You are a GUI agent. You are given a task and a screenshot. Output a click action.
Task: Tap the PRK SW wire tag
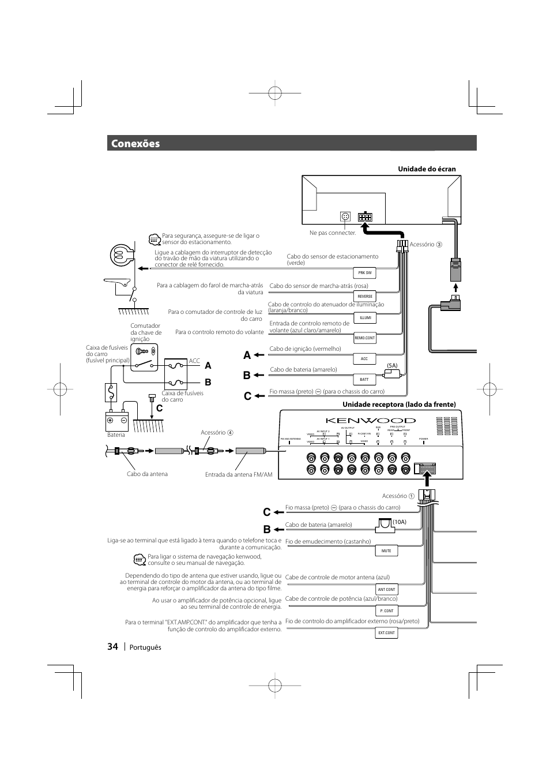365,272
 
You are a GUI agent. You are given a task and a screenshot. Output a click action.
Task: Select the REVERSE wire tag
365,296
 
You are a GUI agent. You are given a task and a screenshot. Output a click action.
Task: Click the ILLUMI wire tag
365,317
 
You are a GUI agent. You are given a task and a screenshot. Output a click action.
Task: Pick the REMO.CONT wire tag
365,338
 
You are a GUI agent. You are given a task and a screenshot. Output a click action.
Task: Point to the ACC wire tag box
364,359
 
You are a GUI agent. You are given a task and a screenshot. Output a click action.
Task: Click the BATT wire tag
364,380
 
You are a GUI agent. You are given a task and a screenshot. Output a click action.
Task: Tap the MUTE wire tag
386,550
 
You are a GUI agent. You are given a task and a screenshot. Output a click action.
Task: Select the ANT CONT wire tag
386,589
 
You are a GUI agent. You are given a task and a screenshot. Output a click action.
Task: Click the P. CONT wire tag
386,611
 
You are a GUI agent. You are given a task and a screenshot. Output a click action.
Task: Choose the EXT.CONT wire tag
386,632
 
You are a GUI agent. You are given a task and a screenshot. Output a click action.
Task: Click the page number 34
112,647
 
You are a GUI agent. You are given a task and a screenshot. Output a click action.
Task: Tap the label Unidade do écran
427,169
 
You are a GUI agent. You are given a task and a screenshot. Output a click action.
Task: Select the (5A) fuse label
392,366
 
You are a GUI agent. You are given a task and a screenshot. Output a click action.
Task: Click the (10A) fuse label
400,522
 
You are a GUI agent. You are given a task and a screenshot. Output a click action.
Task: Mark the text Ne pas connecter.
333,233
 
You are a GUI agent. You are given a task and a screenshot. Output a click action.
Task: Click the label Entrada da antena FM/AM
239,474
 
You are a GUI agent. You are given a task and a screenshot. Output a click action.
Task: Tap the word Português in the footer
144,647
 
